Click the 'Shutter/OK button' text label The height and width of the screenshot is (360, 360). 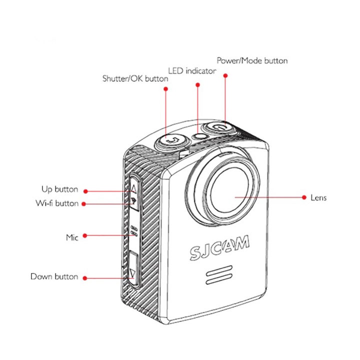point(135,78)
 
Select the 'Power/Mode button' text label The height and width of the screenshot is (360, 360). point(252,60)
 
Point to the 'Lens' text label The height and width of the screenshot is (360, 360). point(318,197)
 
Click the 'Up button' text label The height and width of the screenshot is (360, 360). point(59,189)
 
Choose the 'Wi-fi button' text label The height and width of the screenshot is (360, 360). point(57,203)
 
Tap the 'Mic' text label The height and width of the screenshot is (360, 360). point(72,237)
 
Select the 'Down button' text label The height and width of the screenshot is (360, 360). point(54,276)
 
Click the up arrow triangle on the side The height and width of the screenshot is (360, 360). point(133,190)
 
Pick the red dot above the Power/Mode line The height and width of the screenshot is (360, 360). point(225,75)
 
